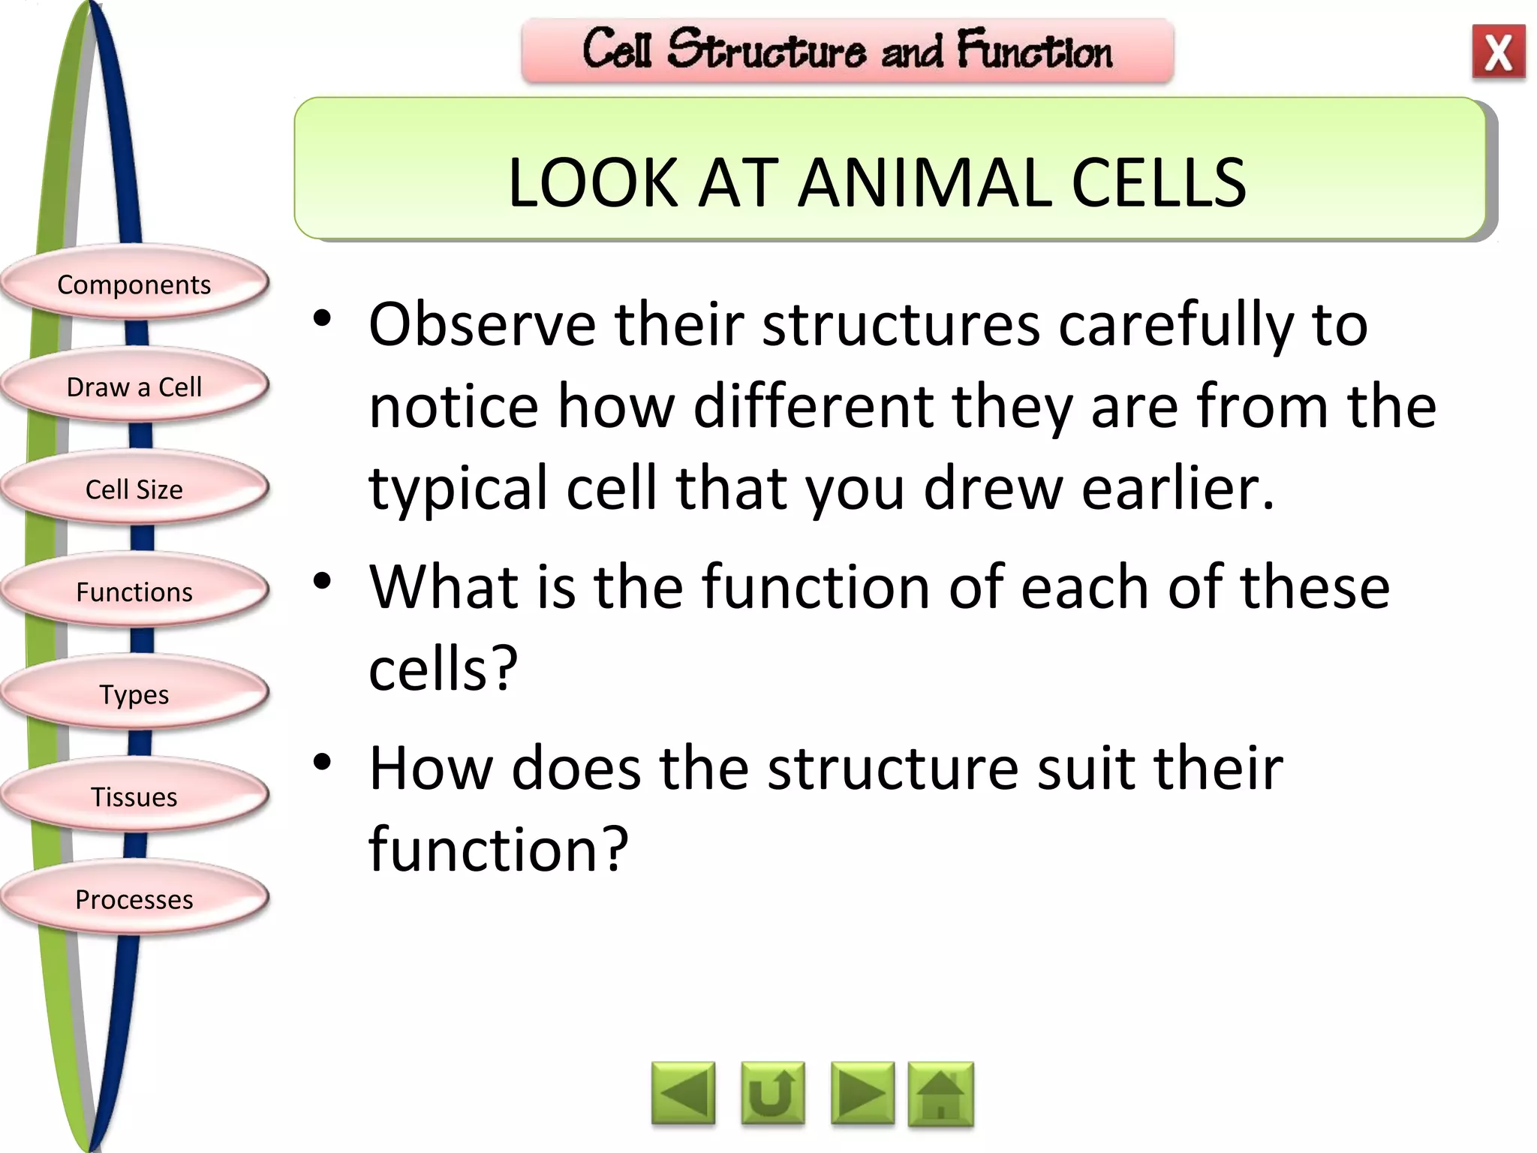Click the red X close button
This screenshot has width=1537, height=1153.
[1498, 52]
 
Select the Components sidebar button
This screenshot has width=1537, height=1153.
[134, 284]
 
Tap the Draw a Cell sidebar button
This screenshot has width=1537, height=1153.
[134, 387]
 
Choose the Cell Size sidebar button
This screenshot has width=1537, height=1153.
[134, 489]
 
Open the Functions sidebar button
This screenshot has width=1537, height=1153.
[134, 592]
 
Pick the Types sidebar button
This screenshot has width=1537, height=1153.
[134, 694]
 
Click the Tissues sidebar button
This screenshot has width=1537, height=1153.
[134, 796]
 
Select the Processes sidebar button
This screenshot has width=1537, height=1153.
[134, 899]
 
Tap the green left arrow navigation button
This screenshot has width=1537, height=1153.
[683, 1094]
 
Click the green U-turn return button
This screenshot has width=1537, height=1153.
[772, 1094]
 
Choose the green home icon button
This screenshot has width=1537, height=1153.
[940, 1094]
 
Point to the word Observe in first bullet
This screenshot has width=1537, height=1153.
[482, 325]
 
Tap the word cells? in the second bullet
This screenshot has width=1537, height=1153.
[444, 668]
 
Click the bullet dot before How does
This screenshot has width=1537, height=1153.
[323, 763]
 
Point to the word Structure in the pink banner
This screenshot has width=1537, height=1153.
[766, 51]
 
